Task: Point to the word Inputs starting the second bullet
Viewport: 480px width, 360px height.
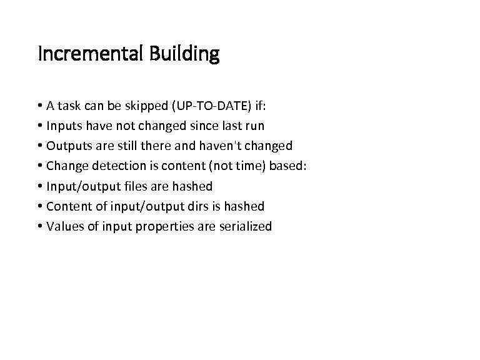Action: click(64, 126)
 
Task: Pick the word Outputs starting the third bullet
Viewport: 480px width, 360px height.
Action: click(69, 146)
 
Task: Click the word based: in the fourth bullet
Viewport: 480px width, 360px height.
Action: click(288, 166)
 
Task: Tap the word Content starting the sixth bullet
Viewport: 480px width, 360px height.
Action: click(69, 206)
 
